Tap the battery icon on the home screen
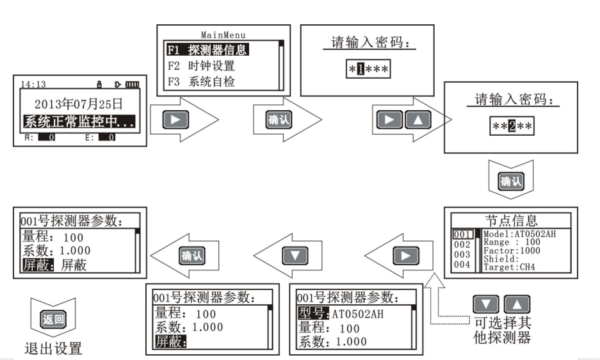(x=131, y=84)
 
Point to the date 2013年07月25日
(x=78, y=104)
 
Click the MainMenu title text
(x=223, y=35)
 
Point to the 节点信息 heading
(x=511, y=221)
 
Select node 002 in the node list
(x=462, y=245)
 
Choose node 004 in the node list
(x=462, y=265)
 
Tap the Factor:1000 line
(x=510, y=250)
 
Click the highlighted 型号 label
(x=313, y=314)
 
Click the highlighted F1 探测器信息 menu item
(x=207, y=49)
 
